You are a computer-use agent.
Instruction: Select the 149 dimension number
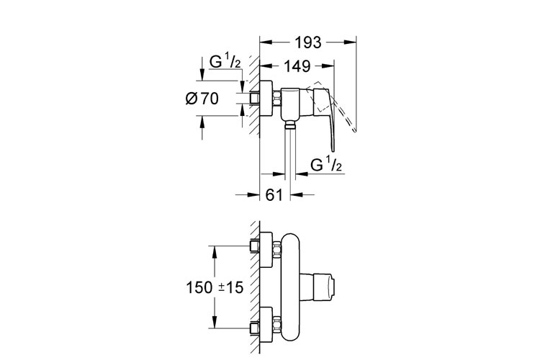tap(296, 66)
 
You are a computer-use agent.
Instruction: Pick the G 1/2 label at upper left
tap(224, 64)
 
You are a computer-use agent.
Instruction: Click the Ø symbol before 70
tap(191, 101)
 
